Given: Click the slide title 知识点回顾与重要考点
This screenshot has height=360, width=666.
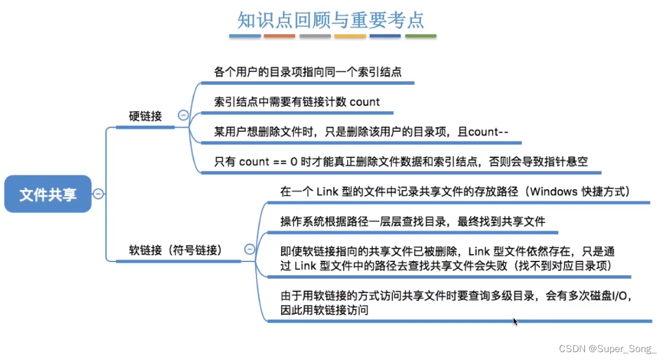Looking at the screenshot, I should pos(330,19).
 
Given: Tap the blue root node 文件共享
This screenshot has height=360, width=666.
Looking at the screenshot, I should pos(48,194).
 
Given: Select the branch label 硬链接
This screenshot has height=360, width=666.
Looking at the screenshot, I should pos(146,116).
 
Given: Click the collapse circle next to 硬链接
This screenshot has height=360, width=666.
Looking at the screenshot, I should pos(183,116).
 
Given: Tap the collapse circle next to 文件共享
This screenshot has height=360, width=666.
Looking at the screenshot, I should pos(98,194).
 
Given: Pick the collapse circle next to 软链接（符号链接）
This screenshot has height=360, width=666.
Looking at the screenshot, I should pos(249,249).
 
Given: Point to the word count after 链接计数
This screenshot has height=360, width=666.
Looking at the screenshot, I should pos(365,102).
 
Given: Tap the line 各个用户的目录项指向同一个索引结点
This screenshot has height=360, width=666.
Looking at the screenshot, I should pos(307,72).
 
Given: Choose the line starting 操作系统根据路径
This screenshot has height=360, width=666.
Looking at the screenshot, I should pos(413,221).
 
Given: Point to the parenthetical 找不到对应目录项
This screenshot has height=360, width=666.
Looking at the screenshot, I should pos(564,265).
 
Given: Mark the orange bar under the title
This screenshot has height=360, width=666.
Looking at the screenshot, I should pos(279,36).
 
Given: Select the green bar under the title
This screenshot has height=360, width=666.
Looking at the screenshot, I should pos(420,36).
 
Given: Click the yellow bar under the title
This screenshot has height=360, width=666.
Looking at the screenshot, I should pos(350,36).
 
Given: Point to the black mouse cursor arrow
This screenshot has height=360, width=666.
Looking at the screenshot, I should pos(515,321).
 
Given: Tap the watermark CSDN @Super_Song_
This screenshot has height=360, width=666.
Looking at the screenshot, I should pos(607,349).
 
